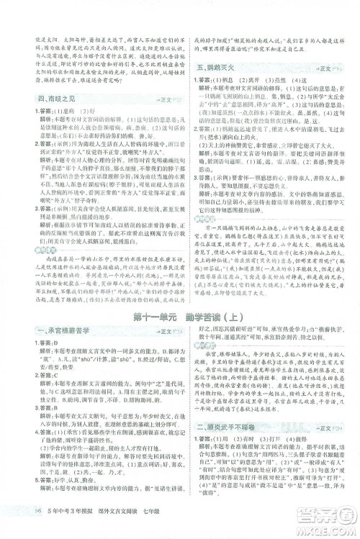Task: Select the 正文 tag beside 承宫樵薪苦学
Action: click(x=159, y=291)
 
